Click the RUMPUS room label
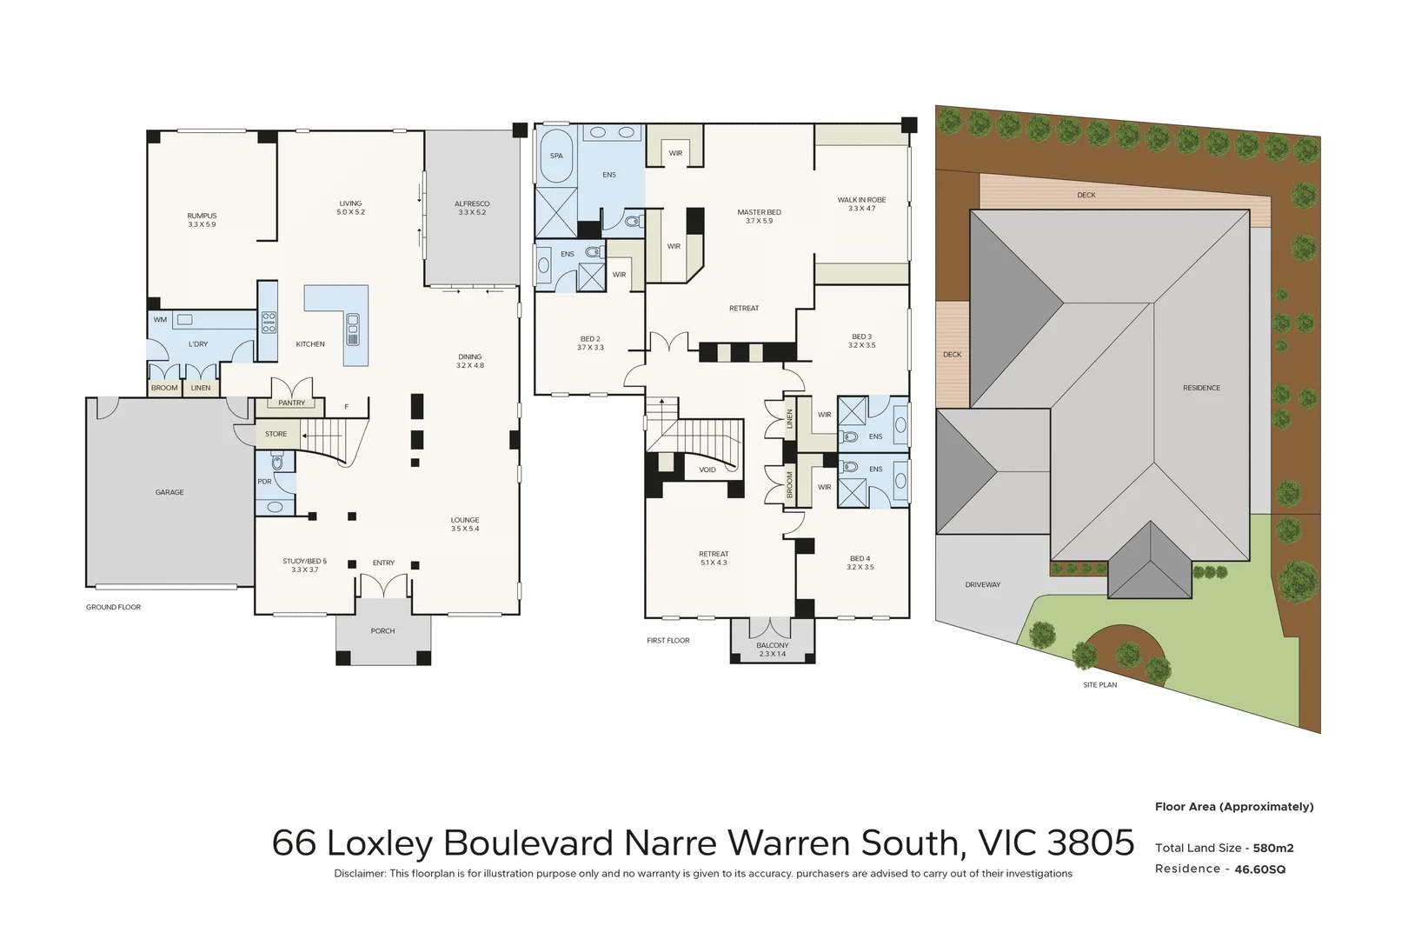click(202, 216)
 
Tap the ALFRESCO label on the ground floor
click(472, 204)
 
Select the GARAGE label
click(169, 492)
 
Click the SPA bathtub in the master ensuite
click(556, 156)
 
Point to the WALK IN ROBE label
click(861, 200)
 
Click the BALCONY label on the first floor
click(772, 645)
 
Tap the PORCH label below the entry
click(382, 631)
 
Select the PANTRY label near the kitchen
click(292, 403)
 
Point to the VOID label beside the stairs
click(707, 470)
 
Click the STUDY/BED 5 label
click(304, 562)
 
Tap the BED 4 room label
click(860, 559)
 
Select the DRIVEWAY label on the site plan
click(982, 585)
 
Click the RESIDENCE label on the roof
click(1201, 388)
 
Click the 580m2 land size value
click(1272, 848)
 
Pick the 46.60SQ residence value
click(1259, 869)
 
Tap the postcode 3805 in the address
click(1091, 843)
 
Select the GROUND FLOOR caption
click(113, 607)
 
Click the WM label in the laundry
click(160, 320)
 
